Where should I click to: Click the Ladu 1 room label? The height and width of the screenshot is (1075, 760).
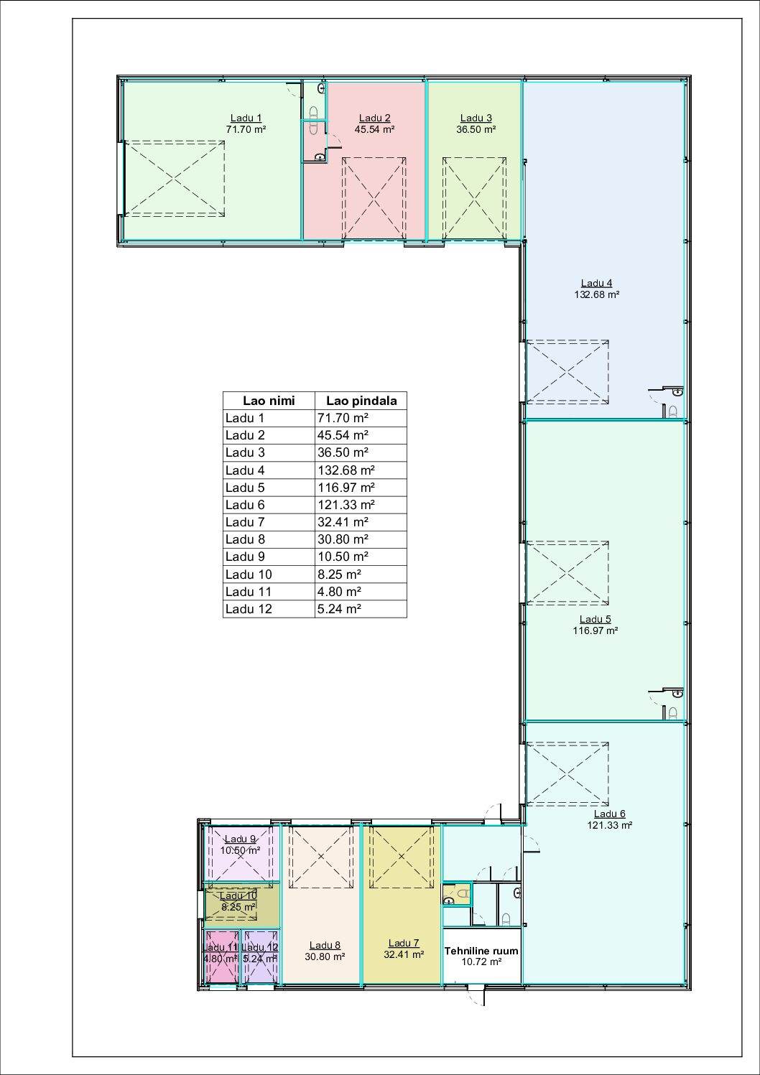tap(246, 118)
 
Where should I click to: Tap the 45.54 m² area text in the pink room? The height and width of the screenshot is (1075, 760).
tap(374, 129)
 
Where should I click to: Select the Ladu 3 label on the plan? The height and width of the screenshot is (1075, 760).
tap(476, 118)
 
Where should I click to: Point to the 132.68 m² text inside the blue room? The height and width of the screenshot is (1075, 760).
tap(596, 294)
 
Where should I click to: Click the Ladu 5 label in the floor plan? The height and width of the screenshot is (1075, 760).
tap(595, 620)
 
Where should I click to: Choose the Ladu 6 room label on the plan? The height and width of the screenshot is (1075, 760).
tap(609, 814)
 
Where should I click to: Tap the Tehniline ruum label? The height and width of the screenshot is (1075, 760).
tap(481, 951)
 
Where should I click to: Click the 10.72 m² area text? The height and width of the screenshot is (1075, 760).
tap(481, 962)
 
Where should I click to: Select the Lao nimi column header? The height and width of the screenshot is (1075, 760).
tap(269, 401)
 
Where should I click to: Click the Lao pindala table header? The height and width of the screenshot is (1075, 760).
tap(361, 401)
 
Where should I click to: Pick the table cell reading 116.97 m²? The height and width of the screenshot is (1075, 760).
tap(346, 488)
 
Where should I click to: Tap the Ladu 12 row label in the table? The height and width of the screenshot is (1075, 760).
tap(249, 609)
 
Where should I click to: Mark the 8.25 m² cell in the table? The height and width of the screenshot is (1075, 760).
tap(339, 574)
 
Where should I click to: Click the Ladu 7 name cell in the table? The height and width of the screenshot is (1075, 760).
tap(245, 522)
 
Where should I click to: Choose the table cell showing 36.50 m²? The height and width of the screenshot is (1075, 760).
tap(343, 452)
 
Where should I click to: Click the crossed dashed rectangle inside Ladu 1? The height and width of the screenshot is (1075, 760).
tap(175, 179)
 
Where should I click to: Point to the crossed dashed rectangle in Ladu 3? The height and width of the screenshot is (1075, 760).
tap(474, 198)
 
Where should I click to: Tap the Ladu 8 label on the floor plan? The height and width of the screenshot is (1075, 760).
tap(325, 946)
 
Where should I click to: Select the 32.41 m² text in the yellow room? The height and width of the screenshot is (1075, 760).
tap(404, 955)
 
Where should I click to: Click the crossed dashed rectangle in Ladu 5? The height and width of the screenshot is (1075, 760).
tap(567, 573)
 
